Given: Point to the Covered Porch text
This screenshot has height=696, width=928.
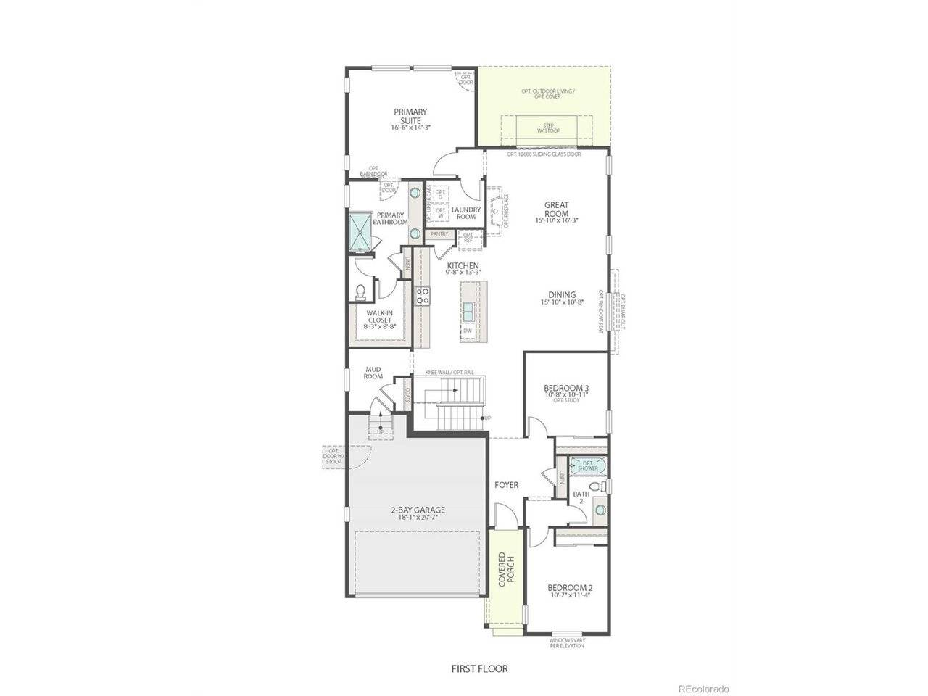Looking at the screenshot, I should click(x=505, y=571).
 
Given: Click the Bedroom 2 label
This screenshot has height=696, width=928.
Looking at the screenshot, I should click(x=570, y=591).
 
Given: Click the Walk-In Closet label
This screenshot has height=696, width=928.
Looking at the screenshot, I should click(x=380, y=319).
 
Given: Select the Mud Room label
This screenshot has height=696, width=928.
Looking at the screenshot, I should click(x=373, y=373).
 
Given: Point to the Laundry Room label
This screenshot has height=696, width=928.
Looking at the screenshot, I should click(x=465, y=213).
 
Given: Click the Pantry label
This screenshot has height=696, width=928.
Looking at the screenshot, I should click(x=439, y=234).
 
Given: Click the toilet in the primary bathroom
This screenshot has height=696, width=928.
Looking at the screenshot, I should click(x=360, y=291).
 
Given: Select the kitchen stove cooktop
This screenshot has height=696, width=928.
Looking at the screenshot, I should click(x=422, y=295).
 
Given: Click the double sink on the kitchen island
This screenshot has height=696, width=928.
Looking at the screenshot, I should click(x=468, y=310).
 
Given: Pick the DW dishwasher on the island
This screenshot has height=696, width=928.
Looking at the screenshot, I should click(x=468, y=331).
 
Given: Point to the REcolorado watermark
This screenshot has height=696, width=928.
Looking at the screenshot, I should click(x=703, y=688).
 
